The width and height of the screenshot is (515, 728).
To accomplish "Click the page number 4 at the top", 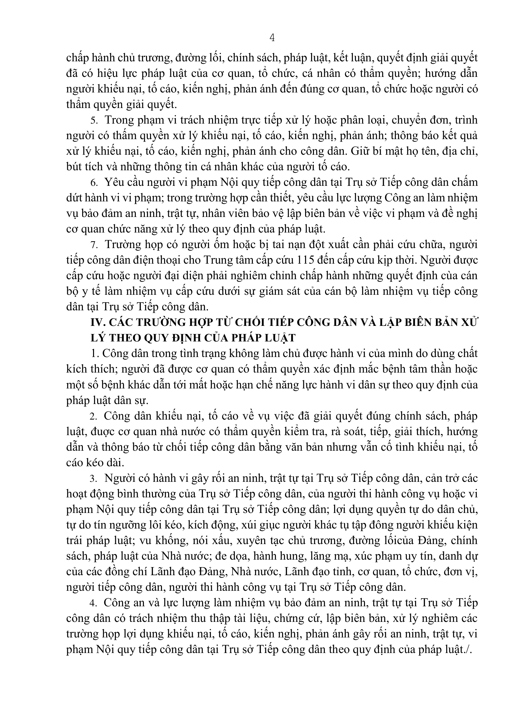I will pyautogui.click(x=272, y=38).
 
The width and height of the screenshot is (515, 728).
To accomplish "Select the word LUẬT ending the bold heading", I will pyautogui.click(x=279, y=338).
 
